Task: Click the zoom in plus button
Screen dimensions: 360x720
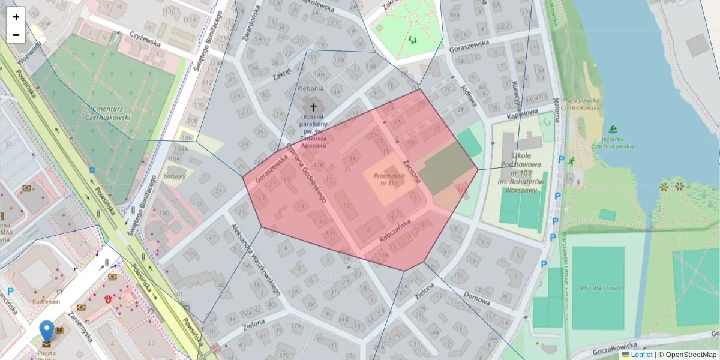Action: click(x=16, y=16)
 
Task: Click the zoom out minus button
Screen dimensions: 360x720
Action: click(x=16, y=35)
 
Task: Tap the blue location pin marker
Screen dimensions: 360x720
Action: click(x=46, y=332)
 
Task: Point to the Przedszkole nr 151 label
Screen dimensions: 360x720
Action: click(x=389, y=179)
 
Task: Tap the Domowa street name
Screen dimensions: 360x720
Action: click(x=477, y=298)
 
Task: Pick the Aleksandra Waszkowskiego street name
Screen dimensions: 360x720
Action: click(x=256, y=259)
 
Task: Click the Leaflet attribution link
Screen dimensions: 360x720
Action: click(x=641, y=355)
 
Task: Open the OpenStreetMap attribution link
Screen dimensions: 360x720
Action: click(x=691, y=355)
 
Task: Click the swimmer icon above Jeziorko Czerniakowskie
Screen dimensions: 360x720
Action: click(x=612, y=129)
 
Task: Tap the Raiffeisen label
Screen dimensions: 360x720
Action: click(x=46, y=302)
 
